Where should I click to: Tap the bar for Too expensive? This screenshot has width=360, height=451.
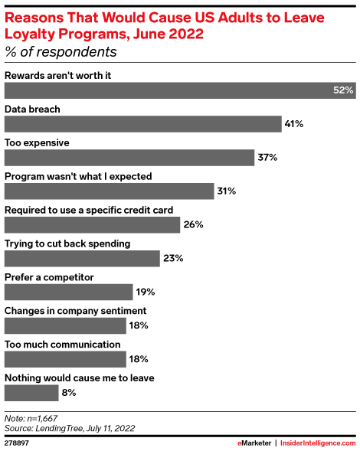[129, 158]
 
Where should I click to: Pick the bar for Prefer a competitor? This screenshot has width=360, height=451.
[69, 292]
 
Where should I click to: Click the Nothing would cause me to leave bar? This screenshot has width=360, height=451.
[31, 393]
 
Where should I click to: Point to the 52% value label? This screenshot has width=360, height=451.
[342, 90]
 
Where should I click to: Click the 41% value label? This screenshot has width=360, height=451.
[295, 124]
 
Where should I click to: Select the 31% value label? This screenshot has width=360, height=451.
[226, 191]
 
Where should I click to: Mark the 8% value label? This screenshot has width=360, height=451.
[69, 393]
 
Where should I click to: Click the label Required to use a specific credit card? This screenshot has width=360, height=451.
[89, 210]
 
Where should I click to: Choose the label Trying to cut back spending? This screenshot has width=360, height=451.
[67, 243]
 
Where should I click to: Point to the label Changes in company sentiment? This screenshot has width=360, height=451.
[75, 311]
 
